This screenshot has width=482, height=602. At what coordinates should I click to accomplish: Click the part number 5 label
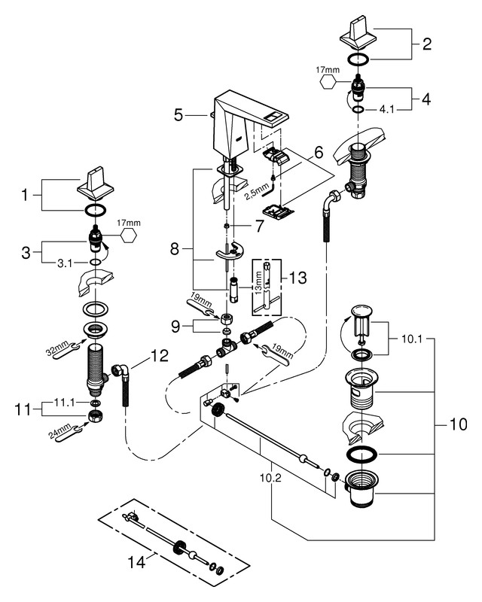178,115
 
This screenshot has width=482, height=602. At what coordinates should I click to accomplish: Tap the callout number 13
297,277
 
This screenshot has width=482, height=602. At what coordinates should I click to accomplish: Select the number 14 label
136,563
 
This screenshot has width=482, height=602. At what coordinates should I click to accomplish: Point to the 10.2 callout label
270,478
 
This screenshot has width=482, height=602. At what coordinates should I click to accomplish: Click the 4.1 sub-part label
386,109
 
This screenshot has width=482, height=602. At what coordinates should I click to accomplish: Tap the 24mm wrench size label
59,430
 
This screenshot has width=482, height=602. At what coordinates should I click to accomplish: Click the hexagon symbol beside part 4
328,82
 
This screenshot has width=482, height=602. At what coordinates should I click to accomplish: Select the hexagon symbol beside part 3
128,235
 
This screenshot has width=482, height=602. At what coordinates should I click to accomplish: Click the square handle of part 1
96,184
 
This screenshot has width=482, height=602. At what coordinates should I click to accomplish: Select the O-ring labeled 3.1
96,262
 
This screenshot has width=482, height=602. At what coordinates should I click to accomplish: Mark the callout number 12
160,356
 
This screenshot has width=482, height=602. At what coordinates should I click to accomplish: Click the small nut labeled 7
227,226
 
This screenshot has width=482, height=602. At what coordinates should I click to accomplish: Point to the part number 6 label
319,153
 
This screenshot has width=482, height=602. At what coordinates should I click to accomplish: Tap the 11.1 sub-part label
65,403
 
